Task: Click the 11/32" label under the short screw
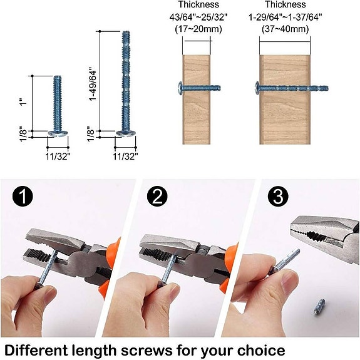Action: pos(58,155)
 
